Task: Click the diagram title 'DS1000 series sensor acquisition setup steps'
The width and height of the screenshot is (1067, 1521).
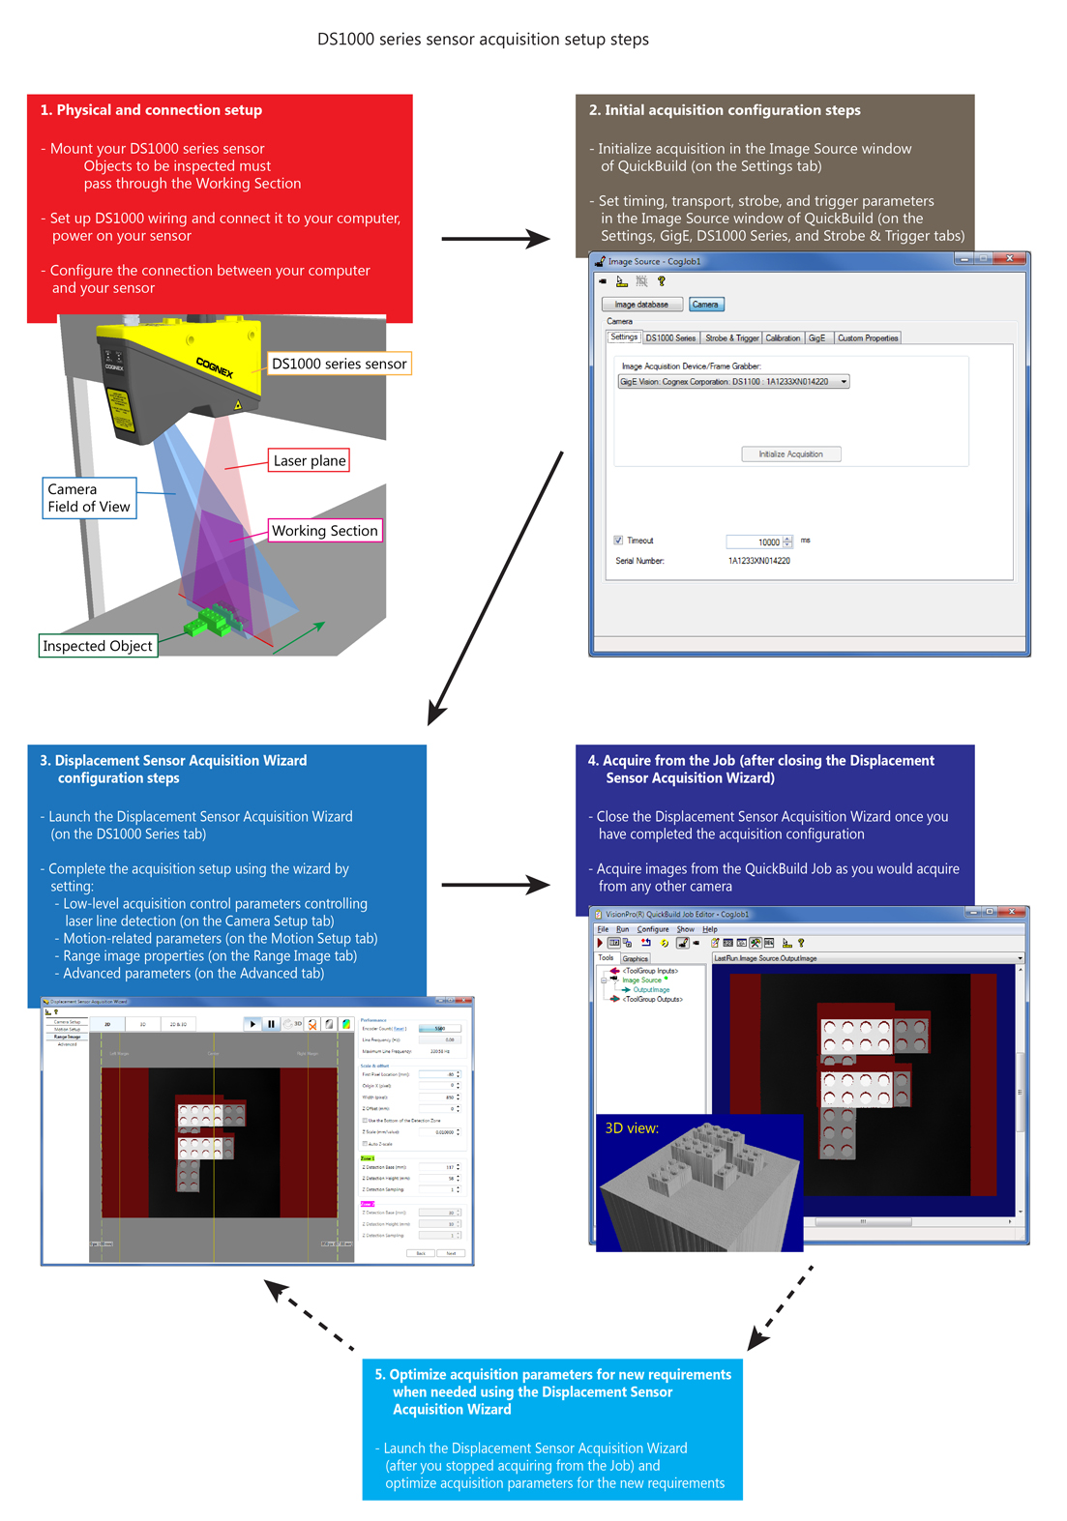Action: point(483,40)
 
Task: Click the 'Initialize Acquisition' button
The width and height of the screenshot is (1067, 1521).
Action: point(790,453)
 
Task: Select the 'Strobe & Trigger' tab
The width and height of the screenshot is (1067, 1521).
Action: point(731,338)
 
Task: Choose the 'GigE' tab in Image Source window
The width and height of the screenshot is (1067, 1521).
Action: point(816,338)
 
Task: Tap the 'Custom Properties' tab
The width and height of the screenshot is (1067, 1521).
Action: point(868,338)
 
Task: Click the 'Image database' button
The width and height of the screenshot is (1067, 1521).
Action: point(641,305)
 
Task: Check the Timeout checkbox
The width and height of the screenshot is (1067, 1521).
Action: point(618,541)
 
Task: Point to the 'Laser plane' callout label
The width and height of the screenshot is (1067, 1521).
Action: point(309,461)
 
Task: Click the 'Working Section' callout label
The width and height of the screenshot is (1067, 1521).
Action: point(324,531)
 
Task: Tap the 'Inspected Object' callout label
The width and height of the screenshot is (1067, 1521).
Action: point(97,646)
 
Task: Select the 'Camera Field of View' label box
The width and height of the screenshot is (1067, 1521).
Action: point(88,498)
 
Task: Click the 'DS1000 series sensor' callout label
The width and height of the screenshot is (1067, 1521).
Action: point(339,364)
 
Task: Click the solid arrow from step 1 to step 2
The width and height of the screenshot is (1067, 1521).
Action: point(494,238)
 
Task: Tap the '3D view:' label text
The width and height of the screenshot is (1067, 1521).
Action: point(632,1128)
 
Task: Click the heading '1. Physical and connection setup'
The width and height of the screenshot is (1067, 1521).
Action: point(151,110)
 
